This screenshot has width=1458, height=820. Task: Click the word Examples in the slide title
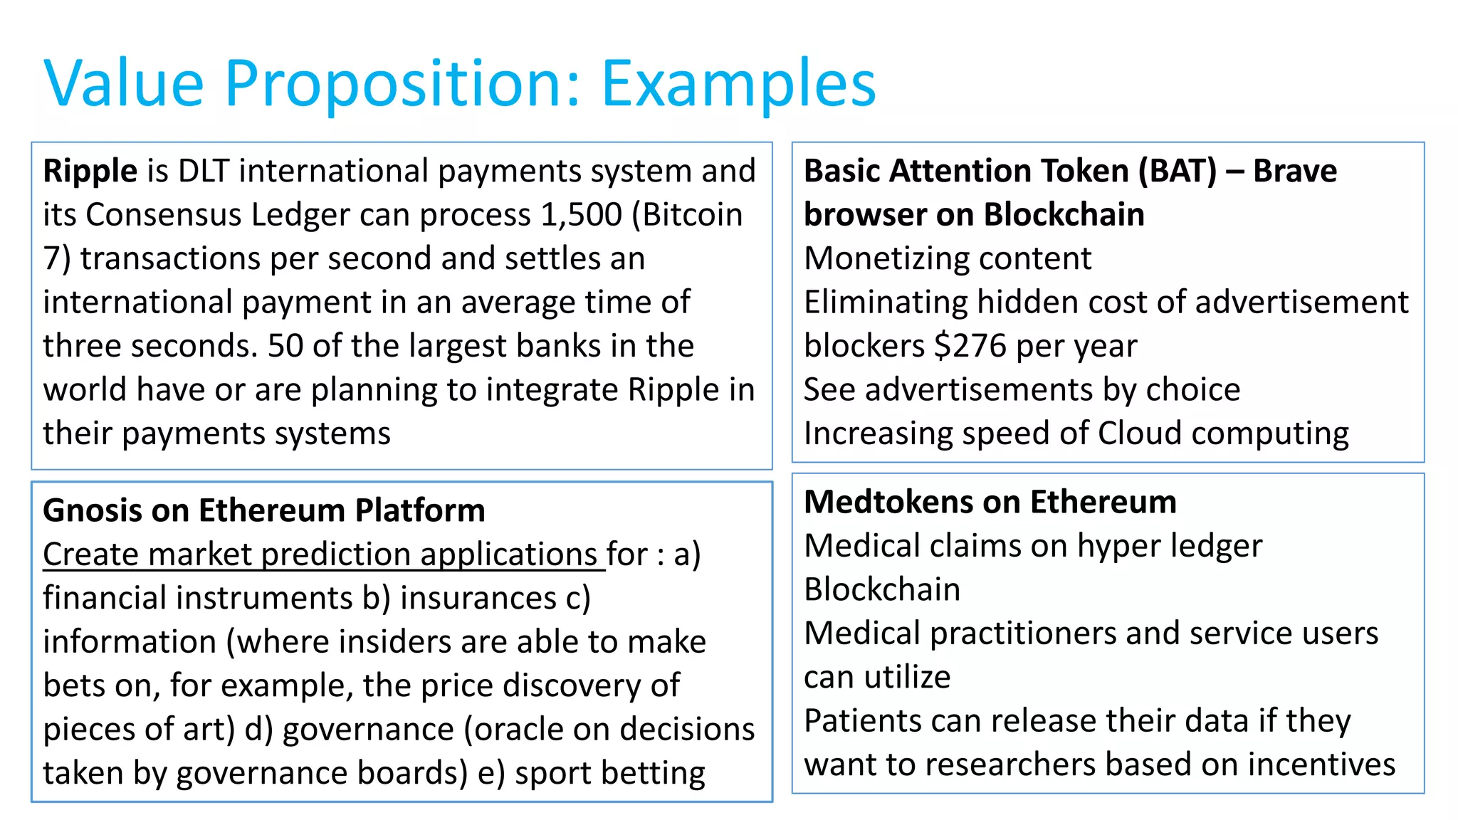[x=738, y=84]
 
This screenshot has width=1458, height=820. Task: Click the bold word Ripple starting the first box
[x=90, y=172]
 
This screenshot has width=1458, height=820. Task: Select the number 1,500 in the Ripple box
[x=581, y=215]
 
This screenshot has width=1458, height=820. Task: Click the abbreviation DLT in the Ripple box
[x=204, y=172]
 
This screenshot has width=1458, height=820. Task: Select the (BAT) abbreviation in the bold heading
[x=1178, y=172]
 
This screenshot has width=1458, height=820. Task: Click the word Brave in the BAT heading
[x=1295, y=172]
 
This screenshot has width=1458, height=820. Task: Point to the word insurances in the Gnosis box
[x=478, y=599]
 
